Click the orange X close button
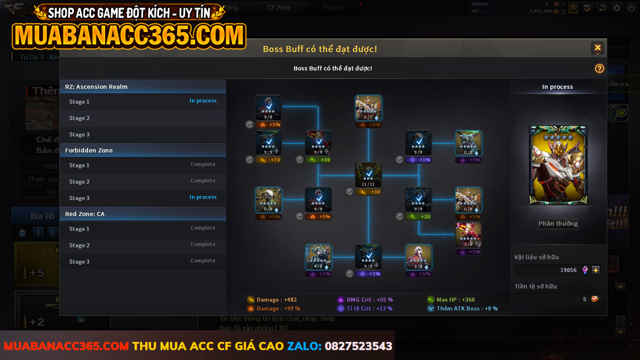point(598,48)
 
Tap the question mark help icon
point(599,68)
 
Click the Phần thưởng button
point(558,224)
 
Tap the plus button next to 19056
point(596,270)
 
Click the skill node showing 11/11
point(368,175)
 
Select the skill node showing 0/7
point(368,108)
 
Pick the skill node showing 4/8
point(318,257)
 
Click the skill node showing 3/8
point(418,257)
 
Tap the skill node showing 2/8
point(468,235)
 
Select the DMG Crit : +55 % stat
point(369,300)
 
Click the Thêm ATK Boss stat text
point(467,308)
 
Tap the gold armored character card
point(558,165)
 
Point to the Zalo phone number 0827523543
point(358,346)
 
